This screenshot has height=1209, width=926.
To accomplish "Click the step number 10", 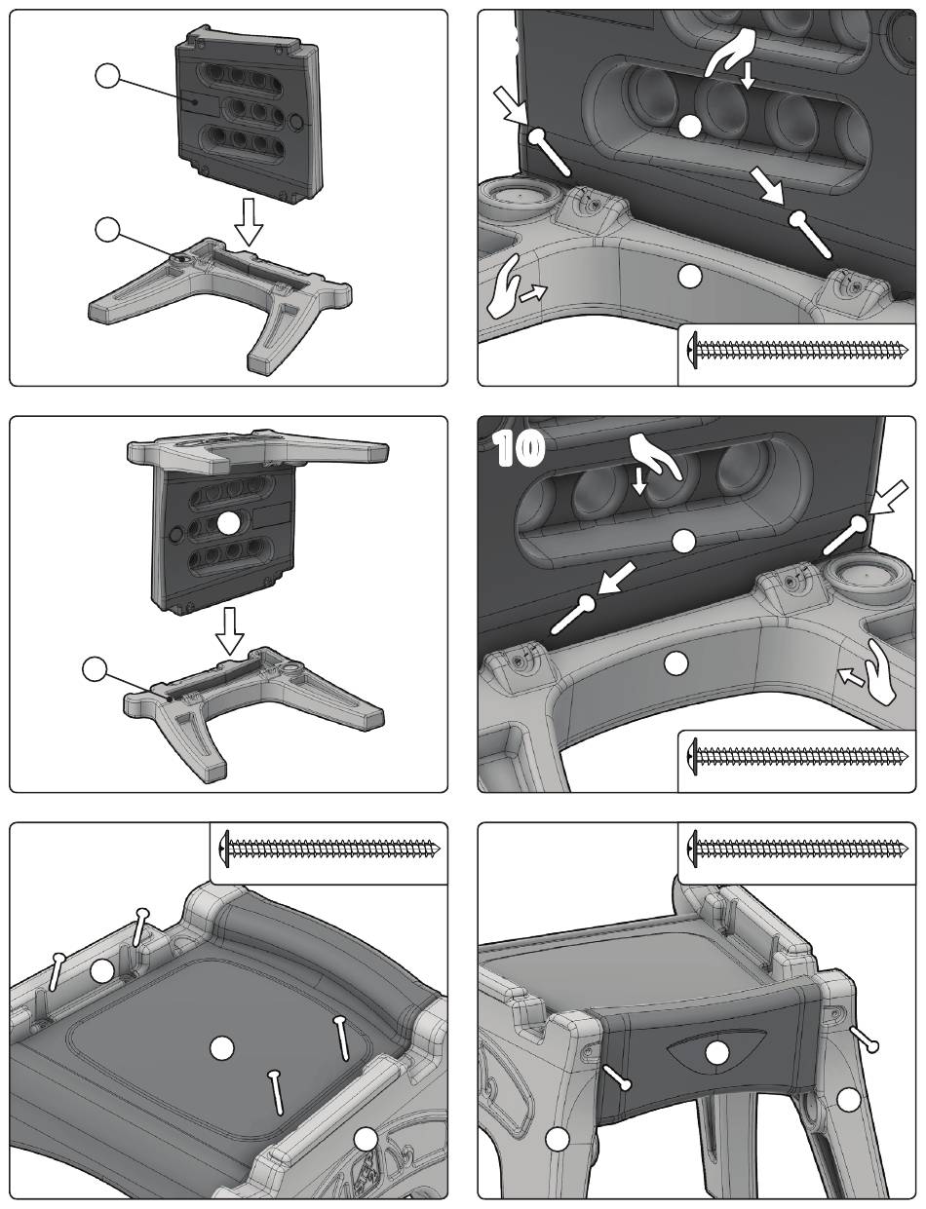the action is [520, 449].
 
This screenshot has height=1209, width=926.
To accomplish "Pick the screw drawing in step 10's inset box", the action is [798, 756].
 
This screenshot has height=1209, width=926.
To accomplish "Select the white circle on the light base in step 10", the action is [676, 662].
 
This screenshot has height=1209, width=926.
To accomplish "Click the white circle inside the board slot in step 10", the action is [683, 542].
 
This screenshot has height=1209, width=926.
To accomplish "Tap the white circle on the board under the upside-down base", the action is [229, 523].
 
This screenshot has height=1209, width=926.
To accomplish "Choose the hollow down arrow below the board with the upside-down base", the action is [229, 630].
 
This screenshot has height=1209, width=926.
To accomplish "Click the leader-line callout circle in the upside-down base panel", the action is [94, 668].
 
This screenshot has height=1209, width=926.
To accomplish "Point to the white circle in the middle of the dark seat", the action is [222, 1048].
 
